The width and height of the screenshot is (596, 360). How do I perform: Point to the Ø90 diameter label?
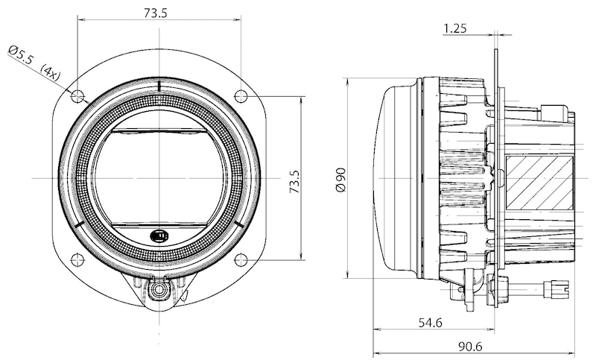click(x=341, y=179)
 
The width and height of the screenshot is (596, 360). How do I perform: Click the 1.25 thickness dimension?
click(x=454, y=29)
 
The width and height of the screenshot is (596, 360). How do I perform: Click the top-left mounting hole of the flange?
click(x=77, y=95)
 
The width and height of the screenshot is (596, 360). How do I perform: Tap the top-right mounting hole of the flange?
click(x=241, y=95)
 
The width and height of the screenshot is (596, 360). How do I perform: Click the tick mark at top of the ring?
click(x=159, y=86)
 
